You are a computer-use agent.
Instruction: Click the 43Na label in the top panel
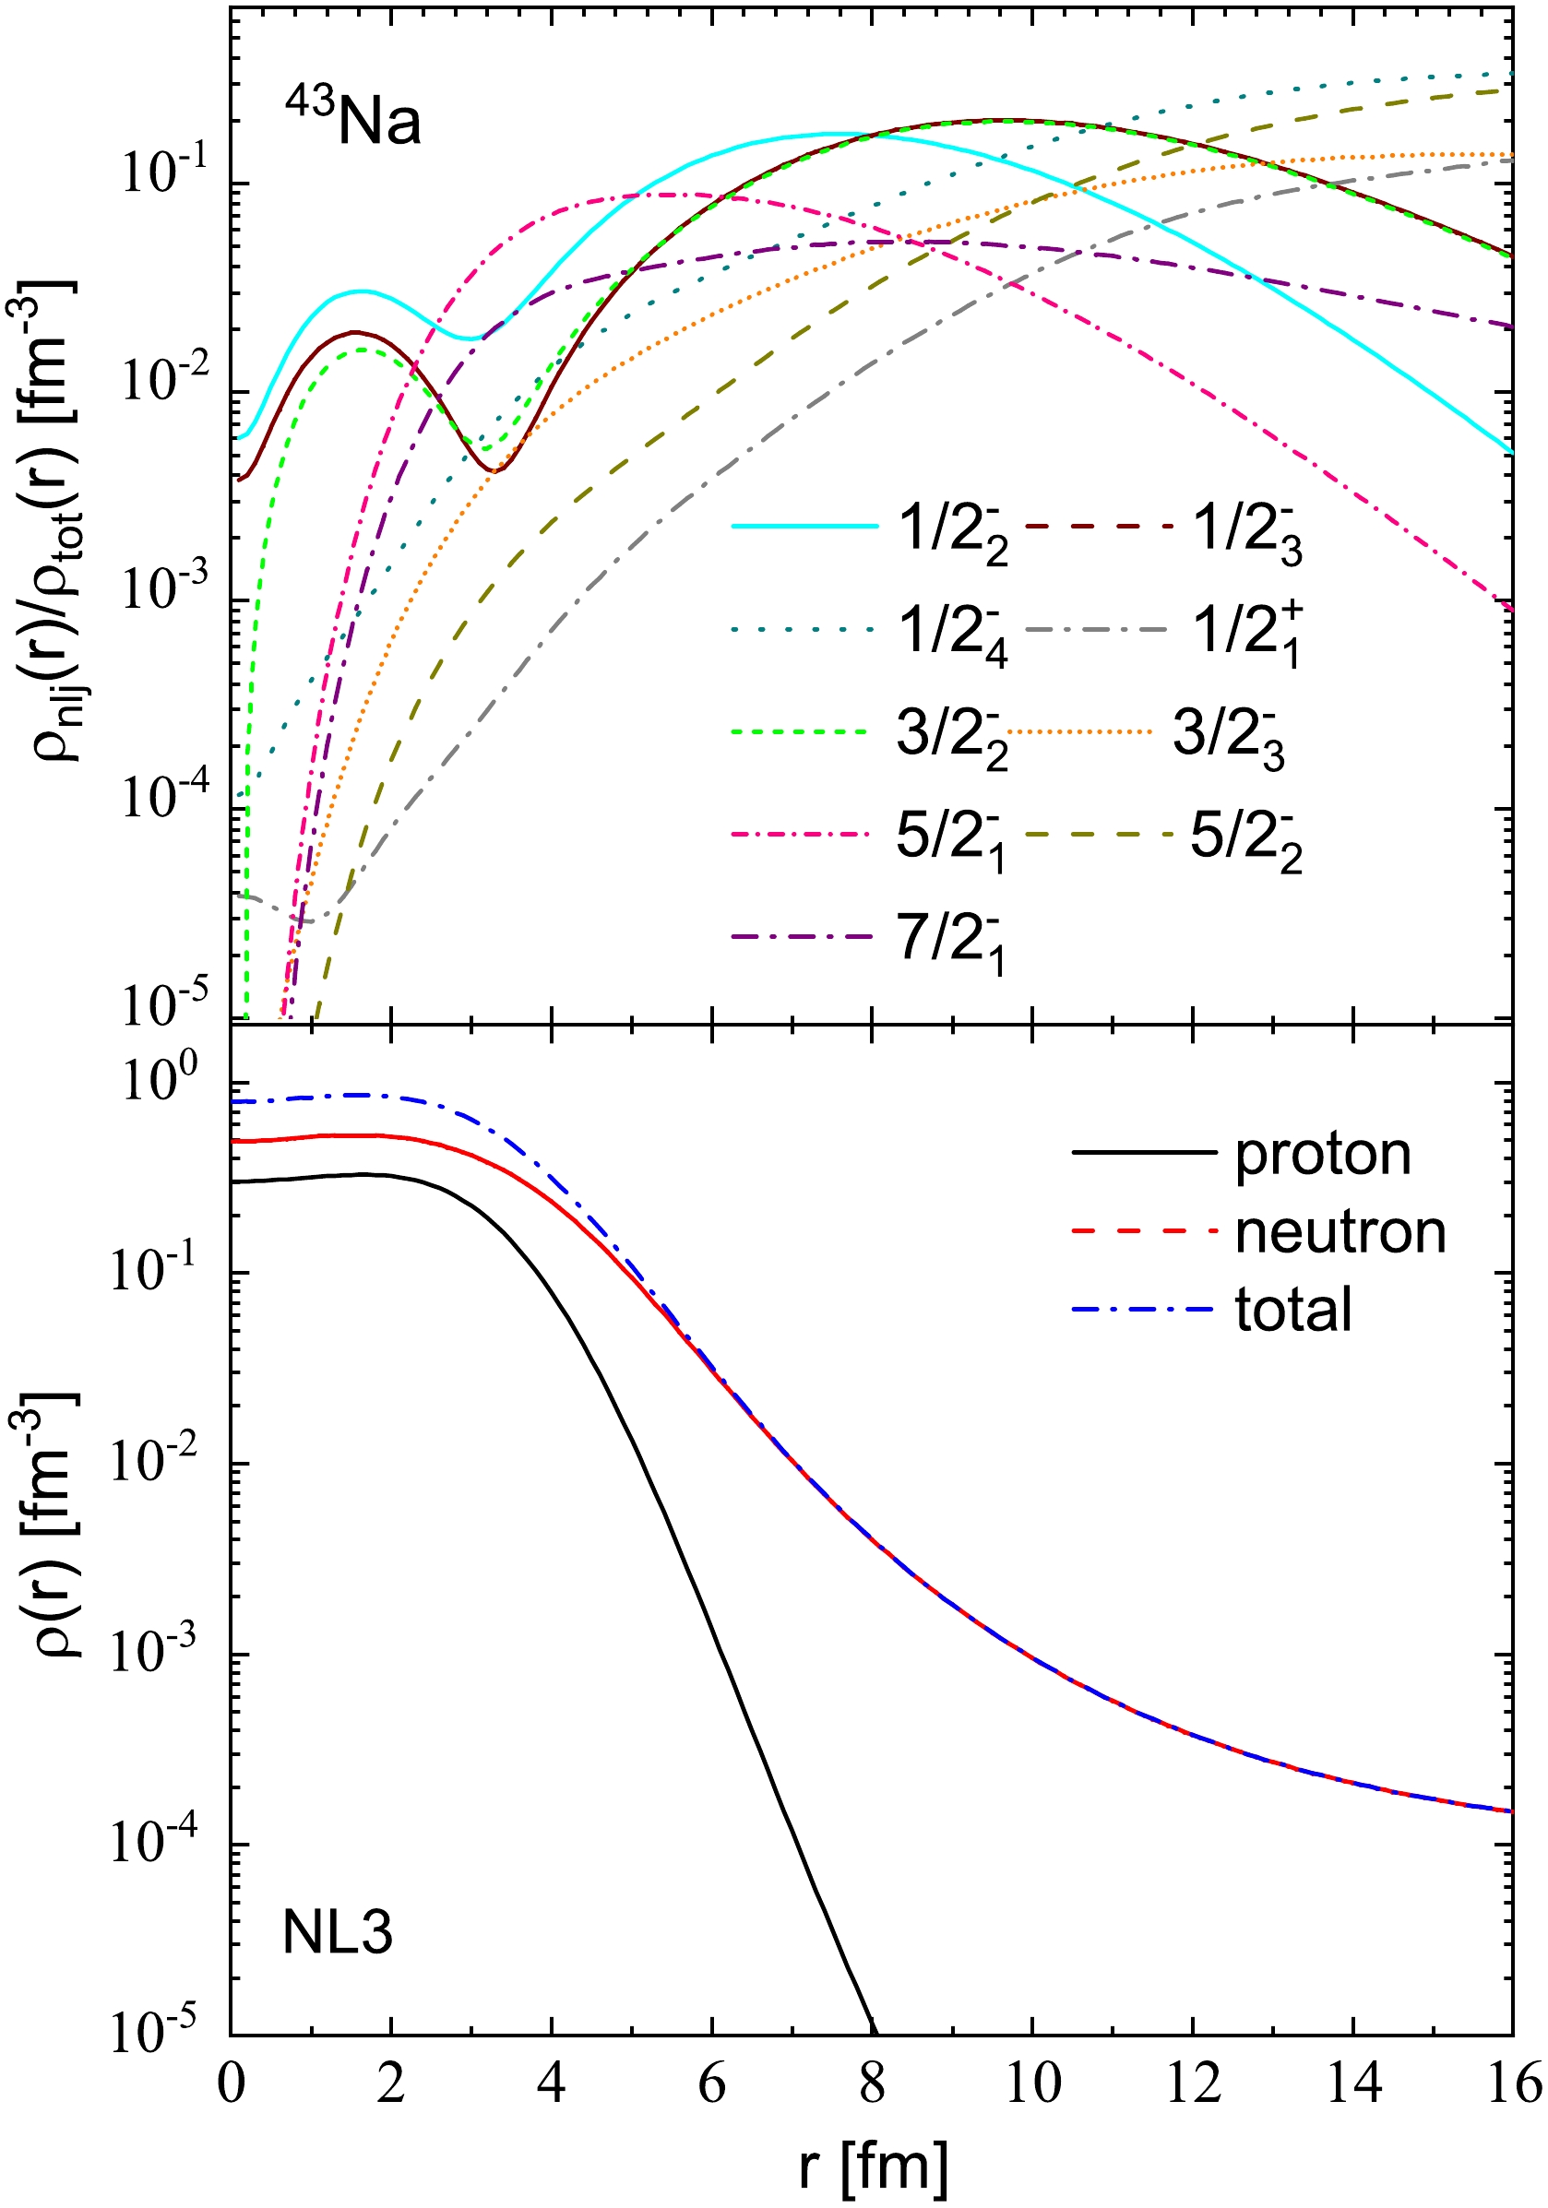[x=353, y=119]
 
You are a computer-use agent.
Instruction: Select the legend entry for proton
[x=1322, y=1154]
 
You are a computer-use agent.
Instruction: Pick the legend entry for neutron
[x=1340, y=1233]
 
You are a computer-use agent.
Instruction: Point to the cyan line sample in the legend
[x=805, y=526]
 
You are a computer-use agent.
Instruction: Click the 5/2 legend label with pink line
[x=950, y=838]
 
